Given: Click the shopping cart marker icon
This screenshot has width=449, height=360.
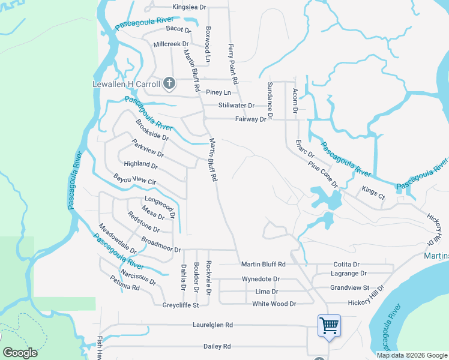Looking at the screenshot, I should point(329,325).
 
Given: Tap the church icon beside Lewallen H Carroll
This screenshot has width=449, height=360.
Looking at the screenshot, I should point(169,83).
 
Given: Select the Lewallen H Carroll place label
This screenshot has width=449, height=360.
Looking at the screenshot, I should point(125,83).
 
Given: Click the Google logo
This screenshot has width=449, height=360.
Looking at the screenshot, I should point(20,353).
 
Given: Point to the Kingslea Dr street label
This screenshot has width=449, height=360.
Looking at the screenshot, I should point(189,7).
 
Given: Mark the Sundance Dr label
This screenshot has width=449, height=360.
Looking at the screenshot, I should point(270,100).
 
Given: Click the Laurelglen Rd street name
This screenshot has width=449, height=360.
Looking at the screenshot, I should point(212,325).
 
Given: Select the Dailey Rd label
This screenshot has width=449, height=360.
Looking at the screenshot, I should point(217,346).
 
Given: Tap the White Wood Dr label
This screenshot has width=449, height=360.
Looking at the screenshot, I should point(274,304).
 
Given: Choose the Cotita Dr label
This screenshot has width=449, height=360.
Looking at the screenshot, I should point(346,264).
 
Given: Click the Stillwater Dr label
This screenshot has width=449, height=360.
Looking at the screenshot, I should point(237,105).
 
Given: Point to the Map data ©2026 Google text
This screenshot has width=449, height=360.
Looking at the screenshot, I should point(411,355).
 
